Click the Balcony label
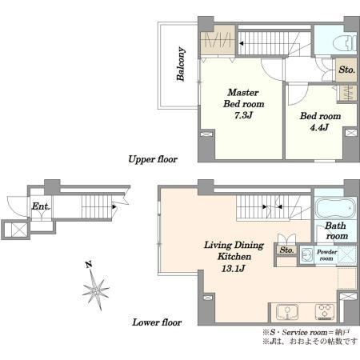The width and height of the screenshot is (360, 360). click(181, 64)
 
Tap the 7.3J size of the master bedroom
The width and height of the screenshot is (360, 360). click(243, 115)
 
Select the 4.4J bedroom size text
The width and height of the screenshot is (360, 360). click(319, 127)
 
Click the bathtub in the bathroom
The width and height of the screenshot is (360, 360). click(335, 209)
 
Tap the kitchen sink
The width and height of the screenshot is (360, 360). click(287, 312)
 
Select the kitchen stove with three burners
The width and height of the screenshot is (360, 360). click(325, 312)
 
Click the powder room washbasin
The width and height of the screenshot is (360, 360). click(306, 255)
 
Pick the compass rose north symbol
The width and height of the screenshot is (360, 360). click(96, 290)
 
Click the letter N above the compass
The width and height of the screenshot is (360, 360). click(89, 265)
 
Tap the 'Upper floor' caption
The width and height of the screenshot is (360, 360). click(153, 159)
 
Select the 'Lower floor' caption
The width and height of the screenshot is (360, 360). click(157, 322)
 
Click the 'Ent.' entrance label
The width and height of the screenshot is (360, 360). click(41, 206)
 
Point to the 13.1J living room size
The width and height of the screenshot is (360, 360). click(233, 268)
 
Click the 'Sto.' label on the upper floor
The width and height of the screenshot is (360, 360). click(346, 70)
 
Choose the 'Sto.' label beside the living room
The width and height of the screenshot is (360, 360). click(286, 250)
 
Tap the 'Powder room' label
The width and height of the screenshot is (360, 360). click(326, 255)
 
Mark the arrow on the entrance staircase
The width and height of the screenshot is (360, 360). click(114, 206)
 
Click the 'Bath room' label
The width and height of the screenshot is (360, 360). click(336, 231)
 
